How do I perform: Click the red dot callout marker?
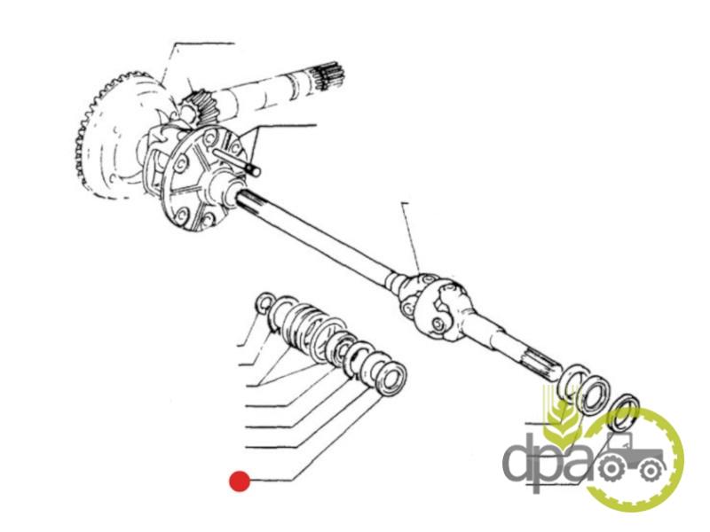click(240, 481)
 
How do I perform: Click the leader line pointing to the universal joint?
click(411, 238)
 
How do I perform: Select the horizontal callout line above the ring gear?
click(204, 43)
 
